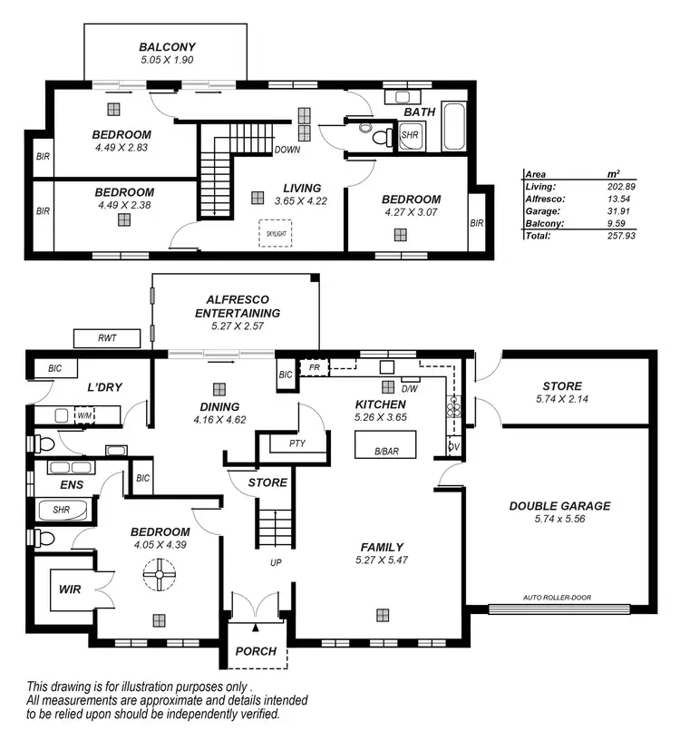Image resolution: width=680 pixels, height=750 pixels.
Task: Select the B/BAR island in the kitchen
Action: tap(385, 443)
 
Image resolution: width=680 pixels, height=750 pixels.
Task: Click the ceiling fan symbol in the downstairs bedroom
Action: tap(160, 573)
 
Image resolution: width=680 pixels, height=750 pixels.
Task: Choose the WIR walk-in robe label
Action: tap(70, 589)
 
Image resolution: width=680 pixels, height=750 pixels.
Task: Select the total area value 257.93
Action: tap(621, 235)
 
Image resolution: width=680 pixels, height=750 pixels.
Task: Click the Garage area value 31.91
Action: tap(621, 210)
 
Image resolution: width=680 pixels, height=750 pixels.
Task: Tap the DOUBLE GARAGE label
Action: tap(559, 506)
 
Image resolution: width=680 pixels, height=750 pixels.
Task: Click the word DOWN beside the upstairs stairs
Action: tap(287, 150)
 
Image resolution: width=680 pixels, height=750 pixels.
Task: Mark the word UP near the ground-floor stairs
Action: tap(275, 562)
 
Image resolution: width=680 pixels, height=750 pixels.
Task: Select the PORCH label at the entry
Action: tap(256, 651)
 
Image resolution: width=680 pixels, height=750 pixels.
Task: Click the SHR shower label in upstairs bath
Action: tap(409, 137)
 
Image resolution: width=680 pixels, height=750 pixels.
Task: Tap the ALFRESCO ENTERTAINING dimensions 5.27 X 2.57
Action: tap(238, 325)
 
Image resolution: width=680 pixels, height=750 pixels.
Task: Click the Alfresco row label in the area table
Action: tap(545, 198)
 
